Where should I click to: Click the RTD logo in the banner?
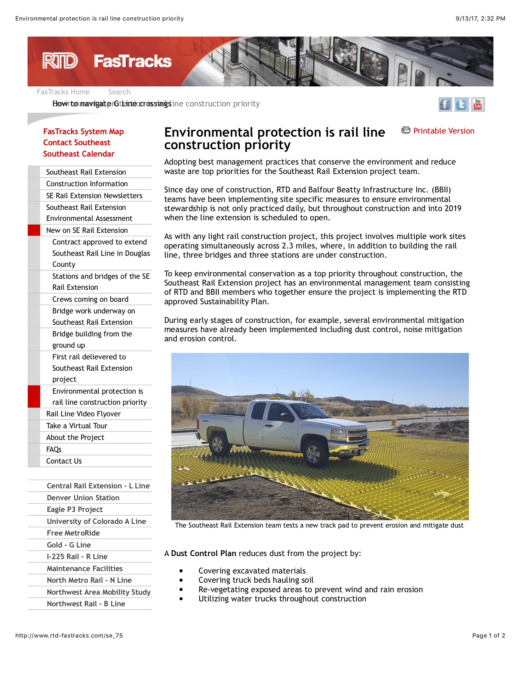pyautogui.click(x=60, y=61)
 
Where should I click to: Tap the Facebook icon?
pyautogui.click(x=445, y=104)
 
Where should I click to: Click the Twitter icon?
pyautogui.click(x=462, y=104)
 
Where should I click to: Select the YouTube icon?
pyautogui.click(x=478, y=104)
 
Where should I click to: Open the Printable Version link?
pyautogui.click(x=443, y=131)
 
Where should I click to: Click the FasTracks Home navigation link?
pyautogui.click(x=63, y=92)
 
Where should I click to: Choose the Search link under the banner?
pyautogui.click(x=119, y=92)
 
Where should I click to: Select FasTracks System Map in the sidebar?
pyautogui.click(x=83, y=131)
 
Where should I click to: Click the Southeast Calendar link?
pyautogui.click(x=79, y=154)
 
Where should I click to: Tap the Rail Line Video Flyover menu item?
pyautogui.click(x=83, y=414)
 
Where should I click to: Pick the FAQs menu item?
pyautogui.click(x=54, y=449)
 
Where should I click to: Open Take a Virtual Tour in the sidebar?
pyautogui.click(x=77, y=426)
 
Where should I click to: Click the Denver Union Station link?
pyautogui.click(x=83, y=498)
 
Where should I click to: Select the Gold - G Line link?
pyautogui.click(x=69, y=545)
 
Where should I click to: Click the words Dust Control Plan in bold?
pyautogui.click(x=204, y=553)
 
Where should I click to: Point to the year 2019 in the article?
pyautogui.click(x=453, y=208)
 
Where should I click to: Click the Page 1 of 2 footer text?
pyautogui.click(x=488, y=635)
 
